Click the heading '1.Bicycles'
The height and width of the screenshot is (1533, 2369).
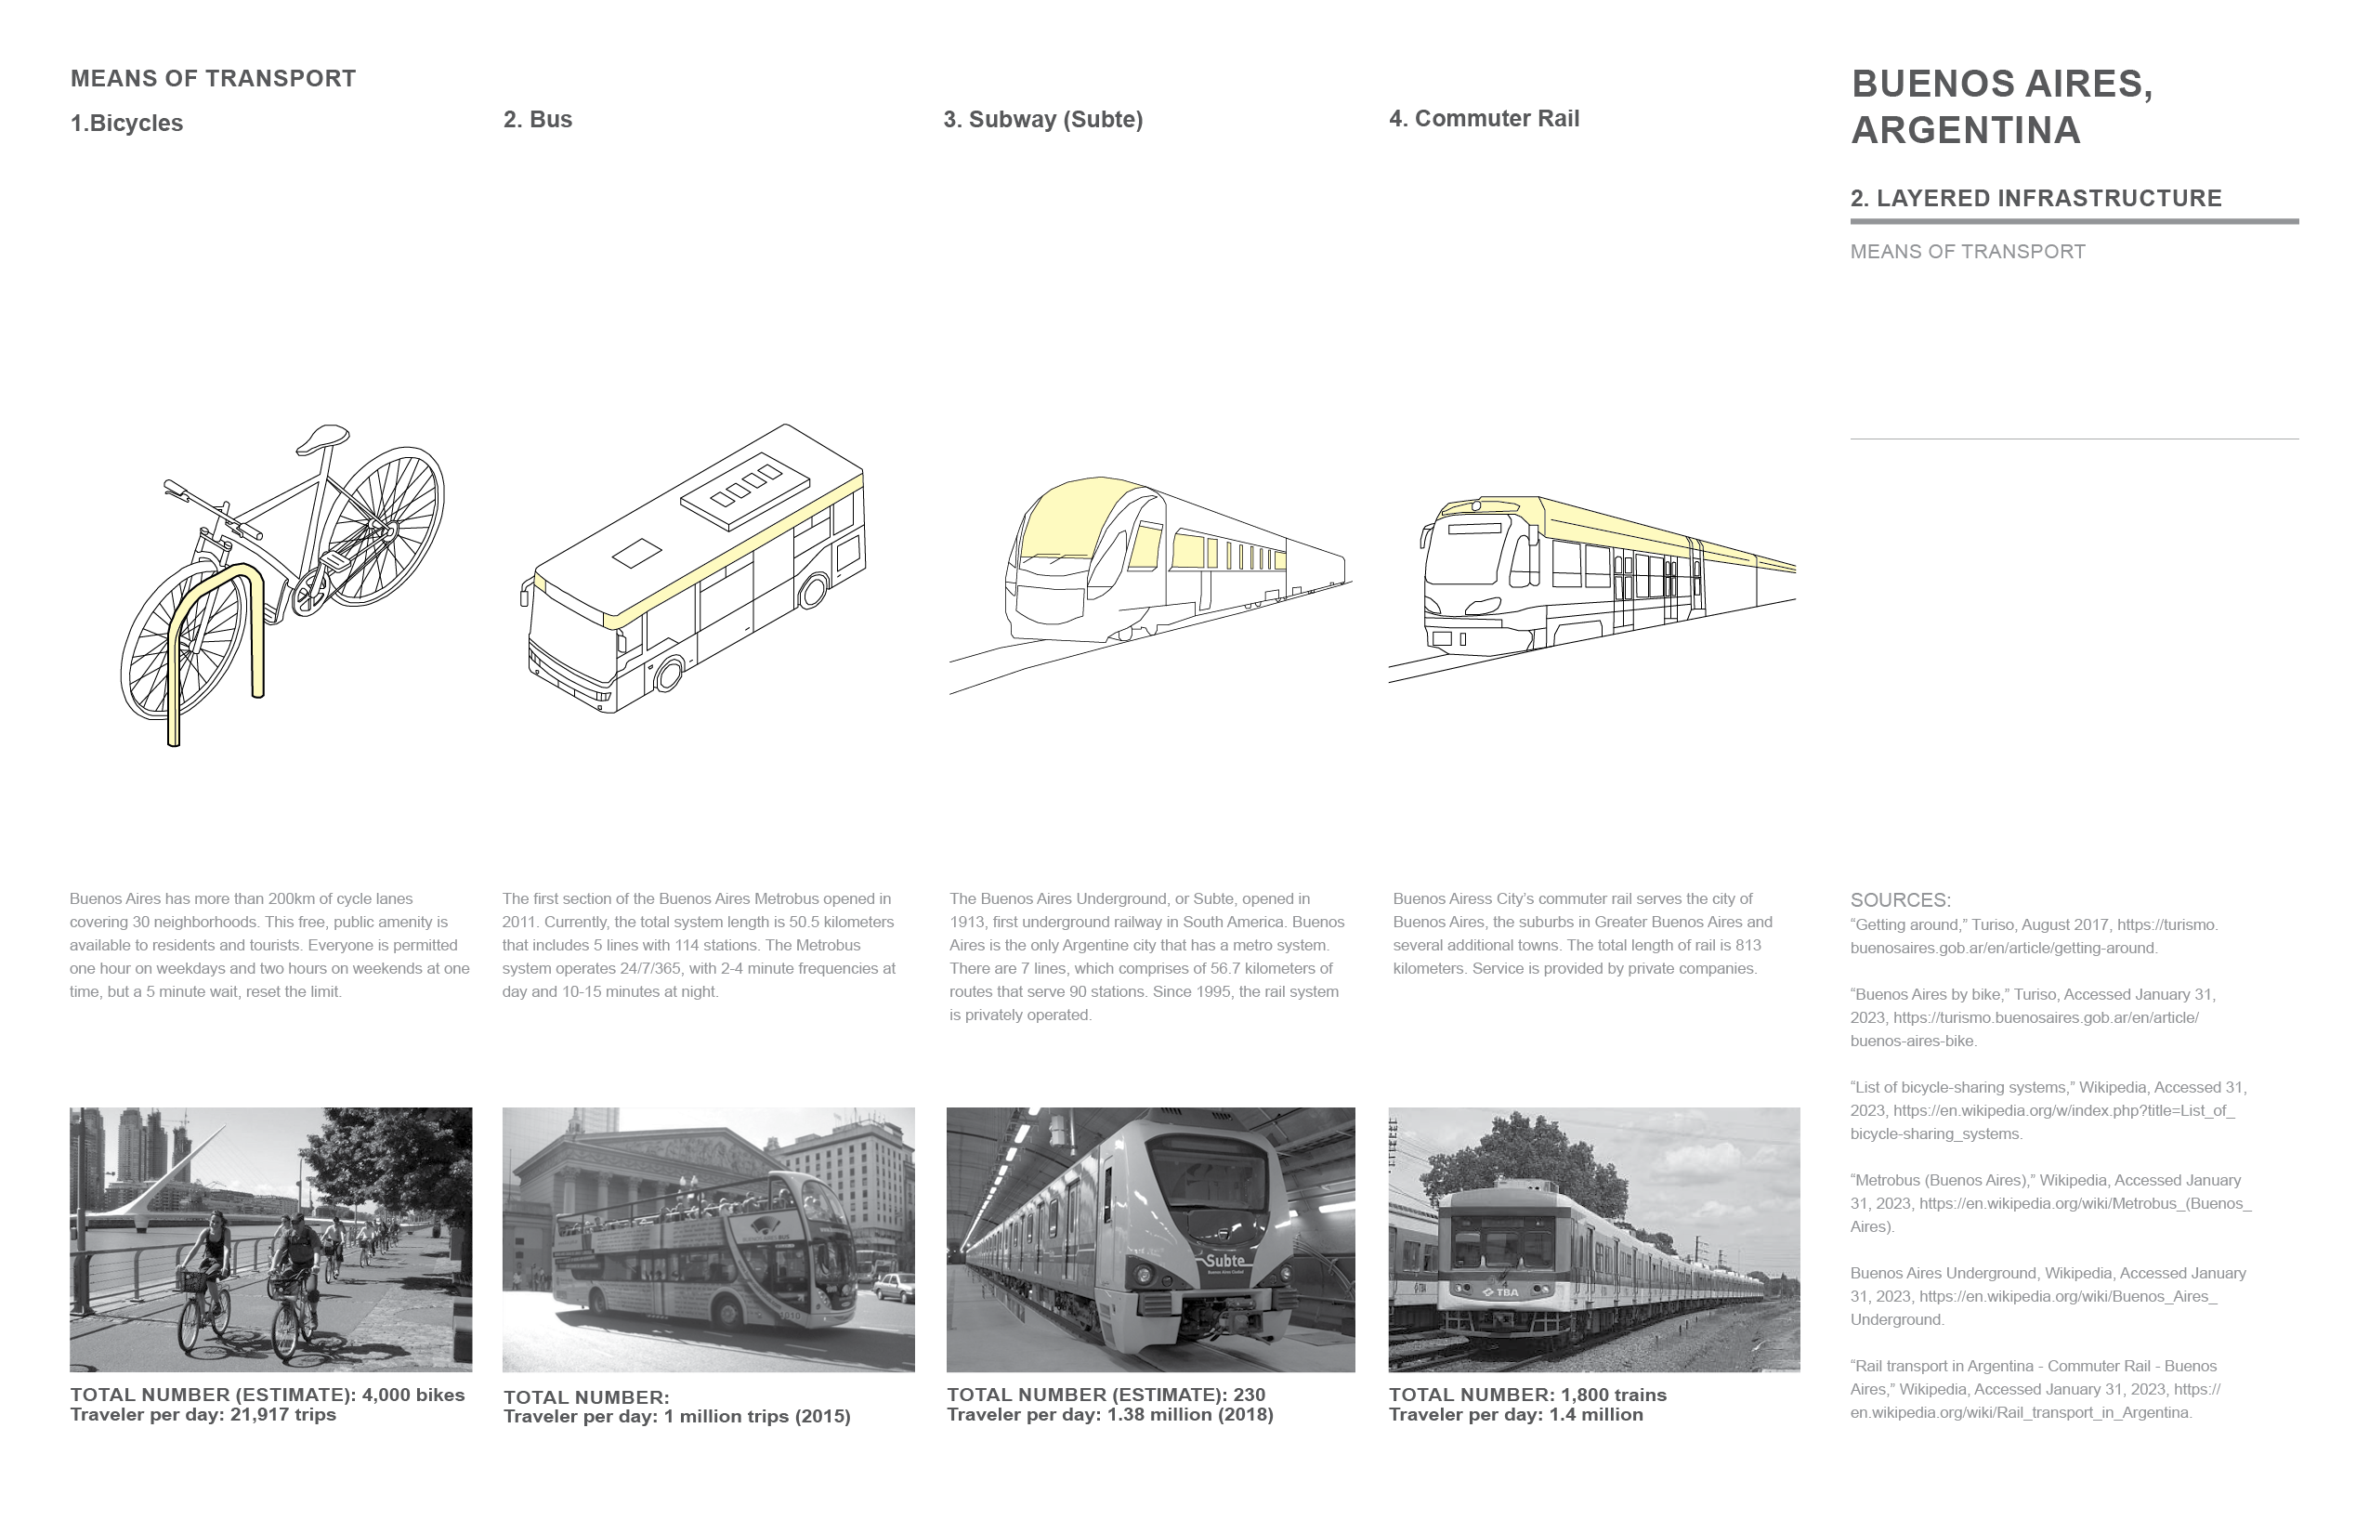126,124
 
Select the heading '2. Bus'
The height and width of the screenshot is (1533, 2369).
538,120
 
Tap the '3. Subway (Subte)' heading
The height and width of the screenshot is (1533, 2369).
1042,120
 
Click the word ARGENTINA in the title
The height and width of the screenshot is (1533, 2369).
1965,130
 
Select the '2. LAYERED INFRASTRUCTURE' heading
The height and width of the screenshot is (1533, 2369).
2035,198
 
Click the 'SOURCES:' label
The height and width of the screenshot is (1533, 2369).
1899,900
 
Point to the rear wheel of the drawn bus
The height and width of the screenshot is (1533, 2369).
812,591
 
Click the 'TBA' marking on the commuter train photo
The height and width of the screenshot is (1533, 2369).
1505,1292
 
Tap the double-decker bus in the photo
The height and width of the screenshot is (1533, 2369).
701,1250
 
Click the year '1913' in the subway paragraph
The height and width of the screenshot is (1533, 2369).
970,922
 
